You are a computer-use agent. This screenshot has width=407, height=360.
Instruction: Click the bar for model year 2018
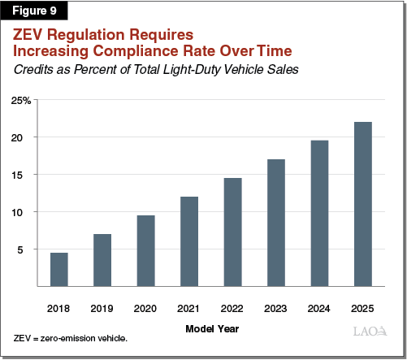pyautogui.click(x=58, y=269)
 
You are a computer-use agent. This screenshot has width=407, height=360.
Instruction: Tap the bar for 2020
pyautogui.click(x=146, y=250)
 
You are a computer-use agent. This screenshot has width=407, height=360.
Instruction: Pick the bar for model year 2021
pyautogui.click(x=189, y=241)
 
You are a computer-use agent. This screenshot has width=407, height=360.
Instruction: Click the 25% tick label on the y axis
pyautogui.click(x=21, y=100)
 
